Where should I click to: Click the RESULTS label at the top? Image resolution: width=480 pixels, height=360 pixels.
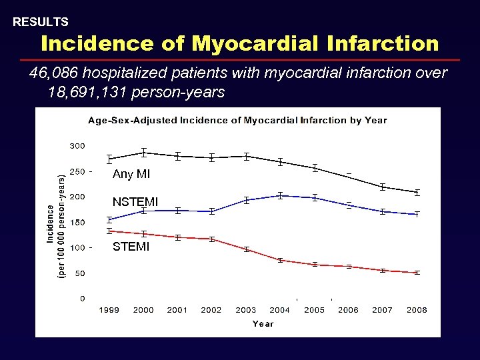(41, 22)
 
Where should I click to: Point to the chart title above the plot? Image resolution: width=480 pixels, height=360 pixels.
(237, 121)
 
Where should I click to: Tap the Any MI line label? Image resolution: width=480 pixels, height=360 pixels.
(131, 175)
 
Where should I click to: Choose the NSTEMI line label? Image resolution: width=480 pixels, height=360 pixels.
(135, 202)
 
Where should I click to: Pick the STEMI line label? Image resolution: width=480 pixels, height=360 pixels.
(131, 247)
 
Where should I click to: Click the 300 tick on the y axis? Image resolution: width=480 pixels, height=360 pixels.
(77, 146)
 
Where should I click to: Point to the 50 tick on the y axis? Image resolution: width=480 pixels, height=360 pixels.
(79, 273)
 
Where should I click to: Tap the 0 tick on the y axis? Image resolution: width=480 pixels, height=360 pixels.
(83, 299)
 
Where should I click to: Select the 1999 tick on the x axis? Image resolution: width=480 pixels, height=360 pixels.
(109, 310)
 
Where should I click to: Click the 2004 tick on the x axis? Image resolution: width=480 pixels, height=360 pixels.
(280, 310)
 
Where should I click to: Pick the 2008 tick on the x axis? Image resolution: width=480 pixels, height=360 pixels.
(417, 310)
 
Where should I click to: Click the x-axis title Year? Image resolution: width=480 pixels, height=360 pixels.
(263, 324)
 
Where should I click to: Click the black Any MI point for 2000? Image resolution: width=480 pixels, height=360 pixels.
(144, 153)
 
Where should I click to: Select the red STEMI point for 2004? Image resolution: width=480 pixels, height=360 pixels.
(280, 260)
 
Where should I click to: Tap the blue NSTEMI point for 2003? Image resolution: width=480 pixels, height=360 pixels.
(246, 200)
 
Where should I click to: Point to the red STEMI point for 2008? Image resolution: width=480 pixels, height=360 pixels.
(417, 273)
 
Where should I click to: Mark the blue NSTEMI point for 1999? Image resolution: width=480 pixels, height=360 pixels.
(109, 220)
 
